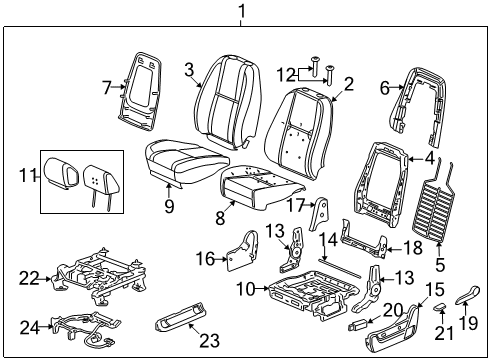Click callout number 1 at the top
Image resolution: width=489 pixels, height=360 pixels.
point(240,11)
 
